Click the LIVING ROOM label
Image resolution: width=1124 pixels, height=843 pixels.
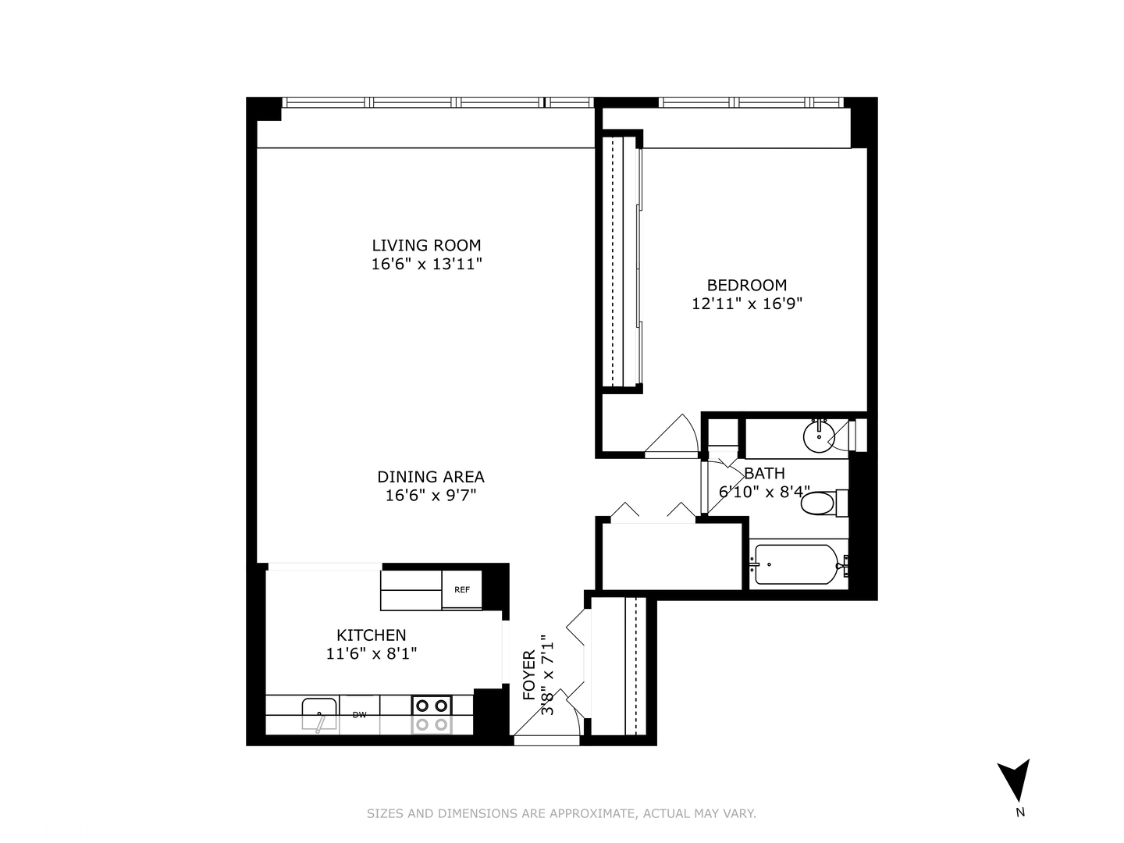[x=426, y=245]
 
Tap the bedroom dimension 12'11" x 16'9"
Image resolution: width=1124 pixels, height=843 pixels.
[x=747, y=304]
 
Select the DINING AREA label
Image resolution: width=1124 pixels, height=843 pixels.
[x=431, y=477]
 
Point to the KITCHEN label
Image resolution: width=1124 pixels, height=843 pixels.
[x=372, y=635]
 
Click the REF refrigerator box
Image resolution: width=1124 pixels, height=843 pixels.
[x=462, y=590]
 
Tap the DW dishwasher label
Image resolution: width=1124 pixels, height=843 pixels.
[x=359, y=714]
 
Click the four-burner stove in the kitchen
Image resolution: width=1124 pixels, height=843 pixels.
[x=432, y=715]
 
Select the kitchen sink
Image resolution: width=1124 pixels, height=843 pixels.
[x=320, y=715]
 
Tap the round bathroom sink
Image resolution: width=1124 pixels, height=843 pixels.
[x=818, y=436]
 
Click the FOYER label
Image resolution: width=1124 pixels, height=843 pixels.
[x=529, y=675]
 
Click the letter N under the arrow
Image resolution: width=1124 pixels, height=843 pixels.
[x=1019, y=813]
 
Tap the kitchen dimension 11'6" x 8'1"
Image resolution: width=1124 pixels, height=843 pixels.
[x=372, y=654]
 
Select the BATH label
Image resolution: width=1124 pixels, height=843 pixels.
[x=764, y=473]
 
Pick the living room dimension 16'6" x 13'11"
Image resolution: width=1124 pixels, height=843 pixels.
[x=426, y=265]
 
